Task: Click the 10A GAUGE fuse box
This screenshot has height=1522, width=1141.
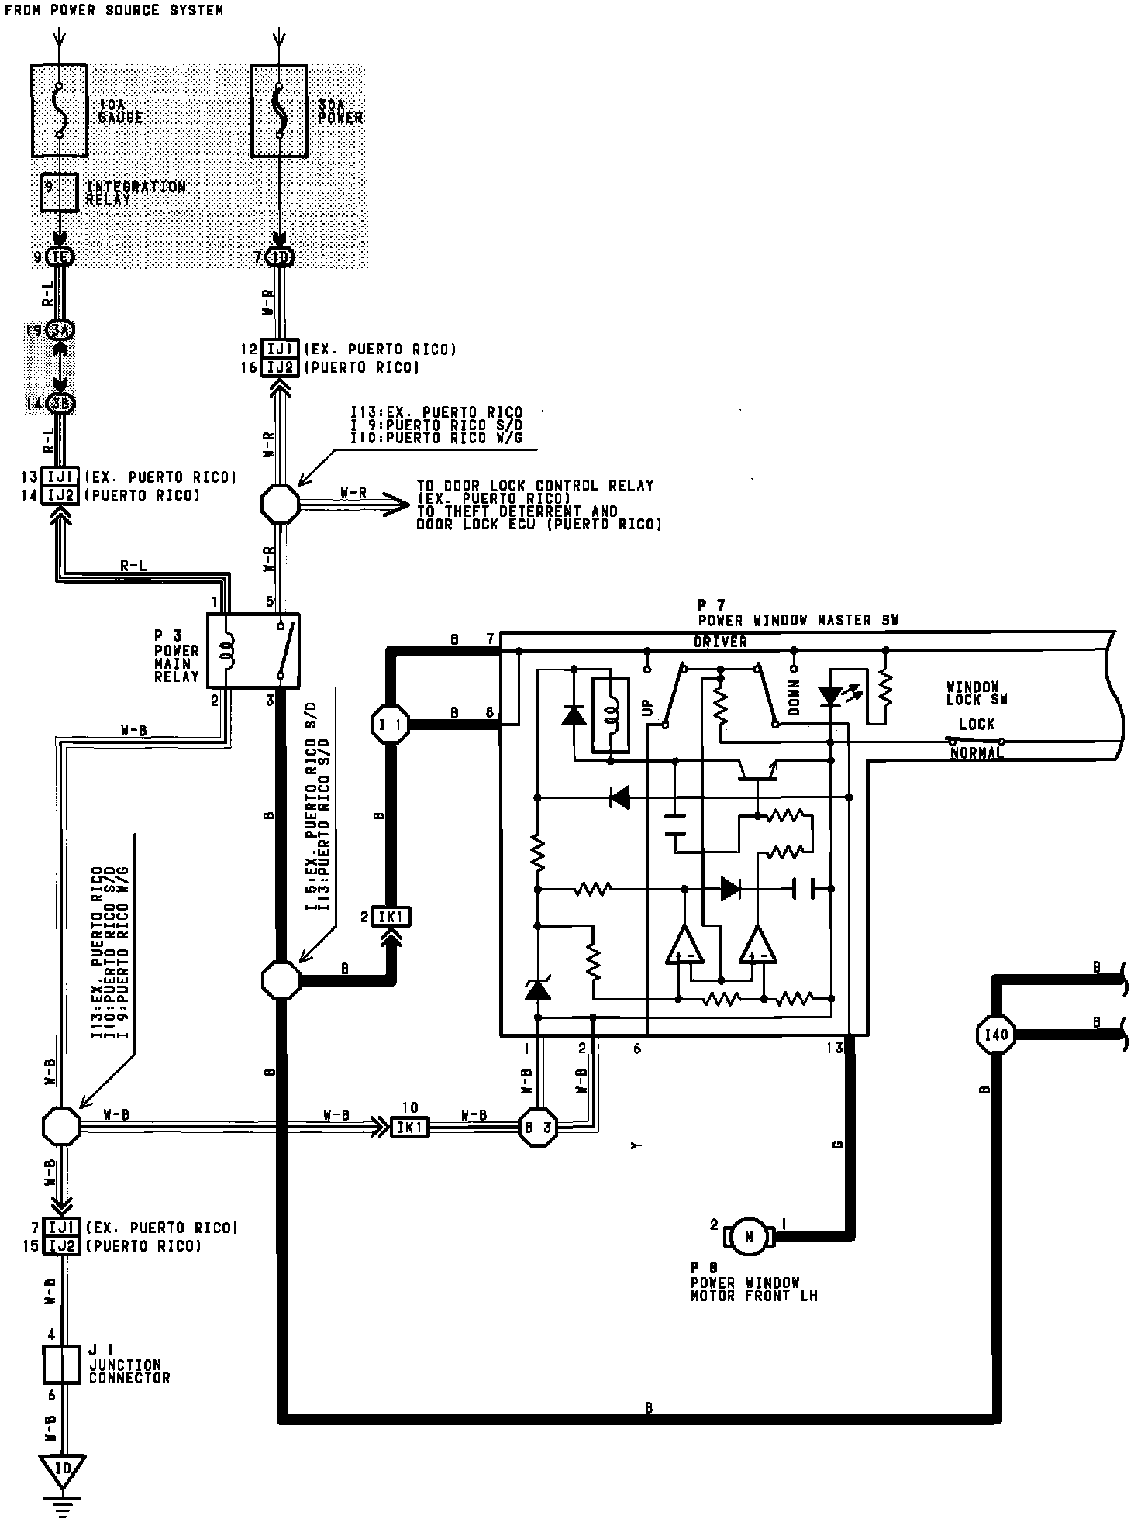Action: [x=59, y=111]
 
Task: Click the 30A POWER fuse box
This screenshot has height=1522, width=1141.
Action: [x=279, y=111]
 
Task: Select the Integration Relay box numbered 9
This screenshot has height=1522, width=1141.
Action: [x=59, y=193]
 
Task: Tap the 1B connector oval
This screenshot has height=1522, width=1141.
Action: [x=280, y=258]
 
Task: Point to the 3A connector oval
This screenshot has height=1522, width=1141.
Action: [x=59, y=331]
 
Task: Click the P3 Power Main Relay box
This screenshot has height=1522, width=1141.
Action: [x=253, y=650]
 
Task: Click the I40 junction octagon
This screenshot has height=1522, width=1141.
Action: [x=995, y=1035]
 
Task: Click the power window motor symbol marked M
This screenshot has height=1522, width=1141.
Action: [x=749, y=1237]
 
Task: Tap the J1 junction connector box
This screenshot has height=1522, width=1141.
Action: [x=61, y=1364]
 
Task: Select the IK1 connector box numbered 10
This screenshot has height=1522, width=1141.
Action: [x=408, y=1128]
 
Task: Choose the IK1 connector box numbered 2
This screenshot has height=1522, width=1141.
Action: [x=391, y=918]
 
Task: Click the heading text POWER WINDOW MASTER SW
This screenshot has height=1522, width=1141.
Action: [x=798, y=621]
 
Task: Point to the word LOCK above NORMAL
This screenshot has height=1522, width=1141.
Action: [x=976, y=725]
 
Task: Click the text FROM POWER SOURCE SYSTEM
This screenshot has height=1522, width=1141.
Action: [x=114, y=10]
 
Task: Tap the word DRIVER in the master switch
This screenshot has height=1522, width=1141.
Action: [x=720, y=642]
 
